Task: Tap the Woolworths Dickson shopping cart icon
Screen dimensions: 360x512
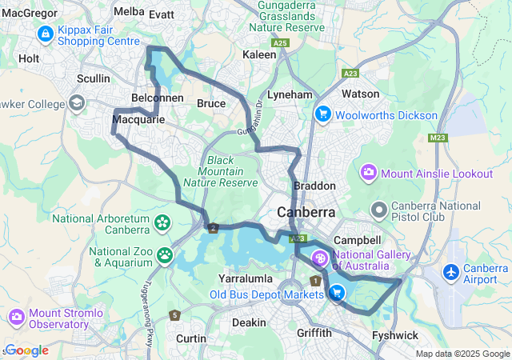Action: [323, 114]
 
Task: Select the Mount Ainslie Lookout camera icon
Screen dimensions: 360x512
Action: [369, 172]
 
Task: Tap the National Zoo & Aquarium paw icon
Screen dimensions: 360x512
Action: [165, 255]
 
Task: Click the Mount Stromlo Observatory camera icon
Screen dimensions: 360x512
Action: [17, 318]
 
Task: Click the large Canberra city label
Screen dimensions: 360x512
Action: [306, 214]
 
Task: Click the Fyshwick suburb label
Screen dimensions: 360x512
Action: [395, 335]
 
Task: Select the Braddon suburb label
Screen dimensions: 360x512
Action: [314, 186]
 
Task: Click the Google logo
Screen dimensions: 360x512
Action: [26, 350]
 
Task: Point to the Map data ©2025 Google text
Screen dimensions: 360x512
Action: [462, 354]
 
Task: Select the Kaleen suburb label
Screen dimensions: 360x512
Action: [259, 54]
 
